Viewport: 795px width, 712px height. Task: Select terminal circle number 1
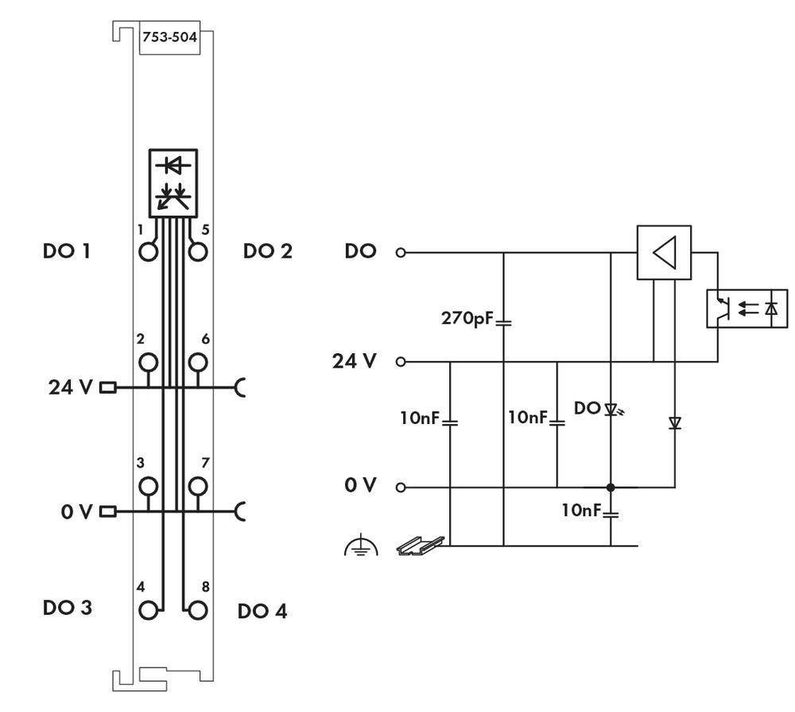pos(147,252)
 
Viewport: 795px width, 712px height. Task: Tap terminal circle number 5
pos(198,252)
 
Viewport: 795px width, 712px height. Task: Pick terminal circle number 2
pos(147,363)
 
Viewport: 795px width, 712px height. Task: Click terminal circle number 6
pos(198,363)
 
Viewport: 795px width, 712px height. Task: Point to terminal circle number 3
pos(147,485)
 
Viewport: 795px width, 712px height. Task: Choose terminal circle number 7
pos(198,485)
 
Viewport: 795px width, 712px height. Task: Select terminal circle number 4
pos(147,610)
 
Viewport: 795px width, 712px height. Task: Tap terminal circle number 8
pos(198,610)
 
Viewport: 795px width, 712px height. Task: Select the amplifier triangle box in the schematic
pos(664,252)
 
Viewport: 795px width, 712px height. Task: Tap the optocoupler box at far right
pos(747,309)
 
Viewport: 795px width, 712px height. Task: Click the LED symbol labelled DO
pos(611,410)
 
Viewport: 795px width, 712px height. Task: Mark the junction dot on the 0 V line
pos(611,488)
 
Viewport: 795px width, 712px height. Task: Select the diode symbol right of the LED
pos(675,423)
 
